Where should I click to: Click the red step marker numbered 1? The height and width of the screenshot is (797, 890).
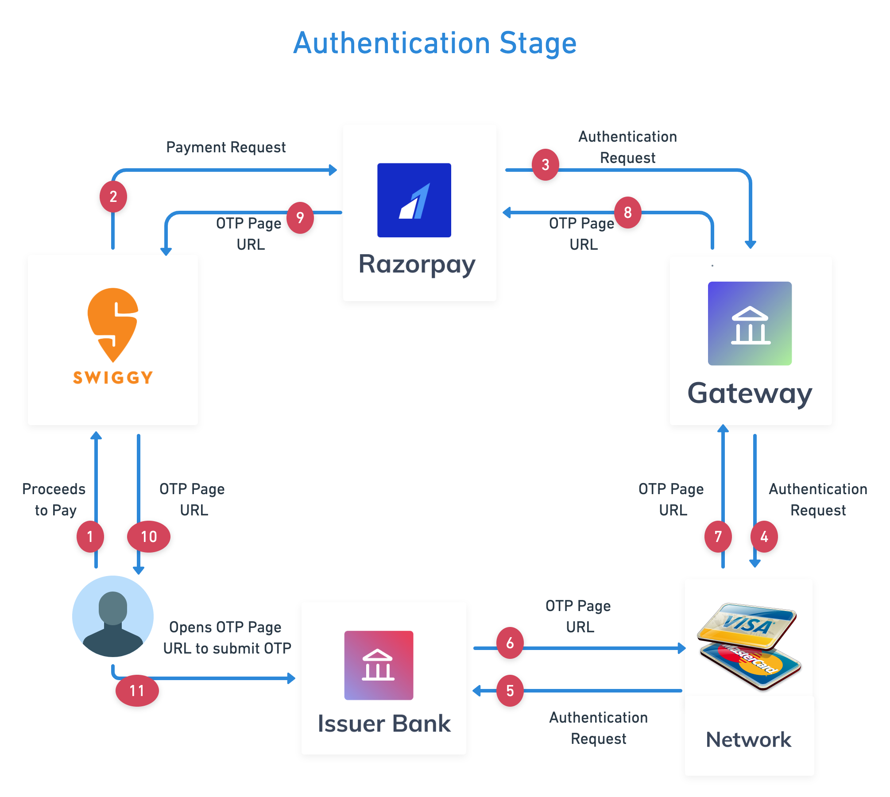point(90,537)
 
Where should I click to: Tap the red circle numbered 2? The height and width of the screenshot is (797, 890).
point(113,197)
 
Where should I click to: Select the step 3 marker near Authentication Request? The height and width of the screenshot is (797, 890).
point(546,165)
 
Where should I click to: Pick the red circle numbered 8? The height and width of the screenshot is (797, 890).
point(628,213)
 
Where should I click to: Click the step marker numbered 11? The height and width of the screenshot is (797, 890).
point(137,691)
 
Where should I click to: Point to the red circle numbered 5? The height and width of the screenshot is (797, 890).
point(510,691)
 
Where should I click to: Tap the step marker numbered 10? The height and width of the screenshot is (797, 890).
point(149,537)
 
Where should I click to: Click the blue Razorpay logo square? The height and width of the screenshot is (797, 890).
point(414,200)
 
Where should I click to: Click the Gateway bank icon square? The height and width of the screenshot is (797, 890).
point(750,323)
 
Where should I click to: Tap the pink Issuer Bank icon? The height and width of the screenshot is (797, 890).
point(379,665)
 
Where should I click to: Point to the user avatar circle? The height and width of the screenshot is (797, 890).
point(113,616)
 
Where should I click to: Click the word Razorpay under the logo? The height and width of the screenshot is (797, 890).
point(417,265)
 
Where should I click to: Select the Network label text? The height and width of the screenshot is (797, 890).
point(749,739)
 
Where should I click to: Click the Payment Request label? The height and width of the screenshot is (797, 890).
point(226,147)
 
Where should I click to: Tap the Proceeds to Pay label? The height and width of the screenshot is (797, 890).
point(54,500)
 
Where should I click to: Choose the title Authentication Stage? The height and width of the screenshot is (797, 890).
point(435,43)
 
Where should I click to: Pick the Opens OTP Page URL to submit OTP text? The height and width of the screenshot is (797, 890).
point(227,638)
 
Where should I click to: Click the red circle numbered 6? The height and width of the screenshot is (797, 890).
point(510,643)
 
